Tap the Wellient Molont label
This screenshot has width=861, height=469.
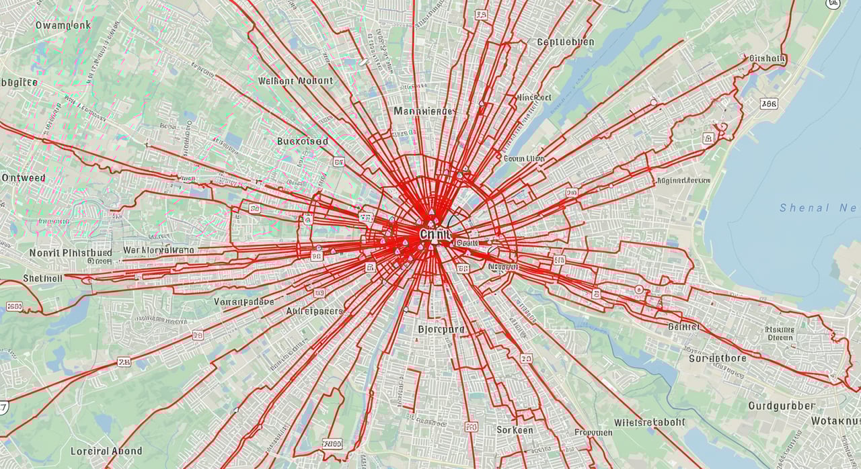(x=295, y=81)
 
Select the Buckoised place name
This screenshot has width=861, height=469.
(x=303, y=141)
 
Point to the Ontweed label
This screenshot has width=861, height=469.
(x=24, y=178)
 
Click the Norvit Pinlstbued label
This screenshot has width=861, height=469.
(x=70, y=253)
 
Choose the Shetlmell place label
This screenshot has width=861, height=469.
(x=42, y=278)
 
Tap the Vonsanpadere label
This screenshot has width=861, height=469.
(x=244, y=302)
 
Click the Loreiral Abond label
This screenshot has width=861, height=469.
(x=106, y=451)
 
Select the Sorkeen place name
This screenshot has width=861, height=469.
(x=515, y=429)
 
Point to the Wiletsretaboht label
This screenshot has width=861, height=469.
(x=649, y=423)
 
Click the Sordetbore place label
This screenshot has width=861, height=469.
(x=717, y=358)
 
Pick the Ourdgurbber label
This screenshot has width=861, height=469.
(x=781, y=406)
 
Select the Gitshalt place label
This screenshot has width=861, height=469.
(x=766, y=58)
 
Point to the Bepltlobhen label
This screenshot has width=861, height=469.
(x=565, y=42)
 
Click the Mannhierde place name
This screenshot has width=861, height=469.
(x=423, y=111)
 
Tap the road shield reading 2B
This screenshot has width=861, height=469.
(x=124, y=362)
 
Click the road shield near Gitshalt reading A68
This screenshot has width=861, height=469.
(x=768, y=103)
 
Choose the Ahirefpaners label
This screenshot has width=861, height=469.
(x=314, y=312)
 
